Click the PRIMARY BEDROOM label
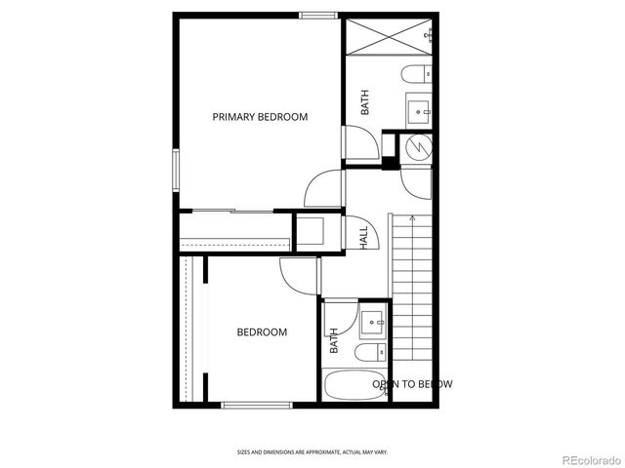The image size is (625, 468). tap(260, 117)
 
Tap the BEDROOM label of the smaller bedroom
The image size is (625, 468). tap(262, 332)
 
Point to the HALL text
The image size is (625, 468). tap(362, 237)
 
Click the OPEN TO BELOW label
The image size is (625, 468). tap(412, 384)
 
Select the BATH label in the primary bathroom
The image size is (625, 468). tap(365, 103)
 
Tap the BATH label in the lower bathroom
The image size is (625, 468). tap(333, 339)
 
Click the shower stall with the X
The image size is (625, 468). tap(390, 38)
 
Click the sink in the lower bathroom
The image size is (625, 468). tap(373, 320)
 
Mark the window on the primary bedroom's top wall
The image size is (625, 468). tap(313, 15)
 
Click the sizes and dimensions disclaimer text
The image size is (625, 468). tap(312, 451)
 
